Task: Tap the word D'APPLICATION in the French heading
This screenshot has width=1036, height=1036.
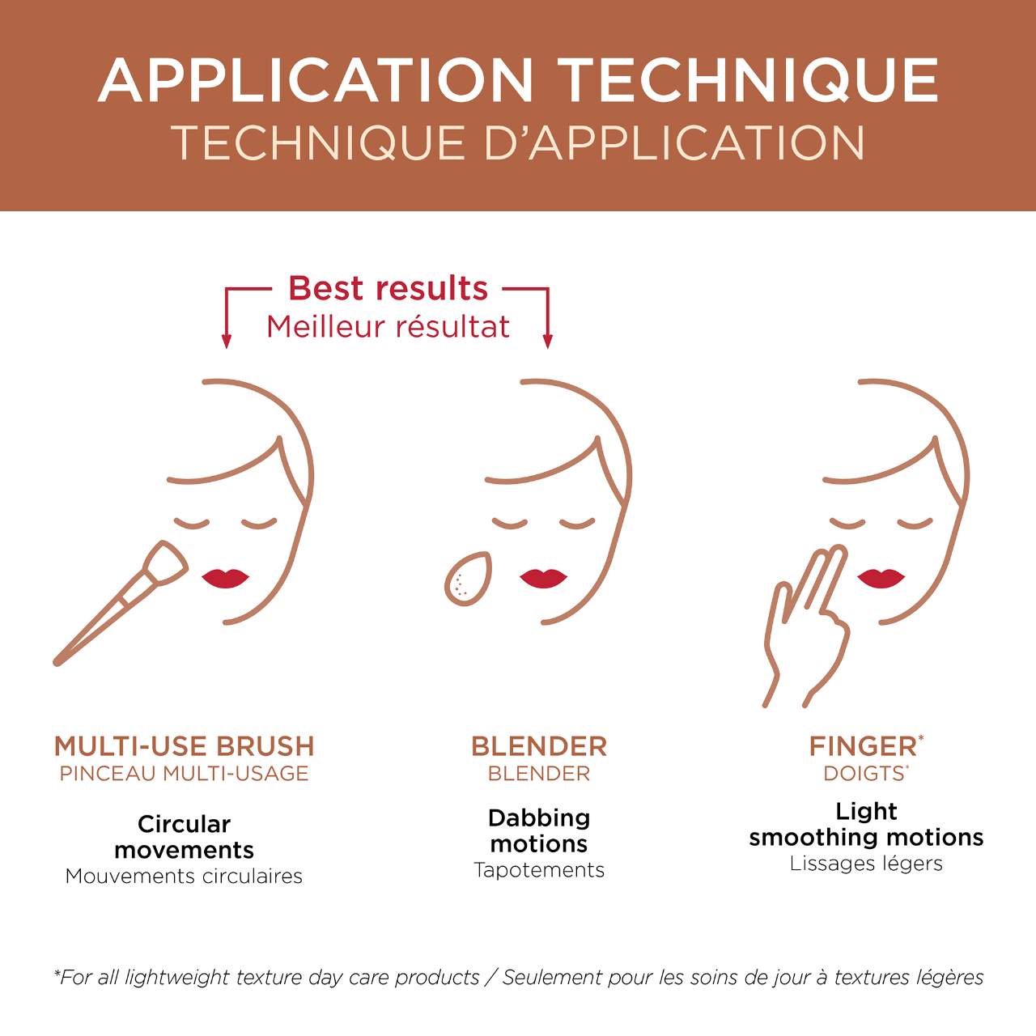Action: (675, 142)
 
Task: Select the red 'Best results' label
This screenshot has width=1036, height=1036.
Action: (388, 288)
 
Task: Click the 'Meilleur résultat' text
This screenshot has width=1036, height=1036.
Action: (388, 327)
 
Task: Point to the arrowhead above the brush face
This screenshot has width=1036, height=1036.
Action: (227, 341)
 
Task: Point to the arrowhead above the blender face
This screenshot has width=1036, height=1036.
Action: (548, 341)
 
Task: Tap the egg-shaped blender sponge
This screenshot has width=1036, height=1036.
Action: (468, 579)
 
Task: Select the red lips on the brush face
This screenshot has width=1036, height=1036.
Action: (225, 578)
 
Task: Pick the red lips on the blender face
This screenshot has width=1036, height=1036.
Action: (543, 578)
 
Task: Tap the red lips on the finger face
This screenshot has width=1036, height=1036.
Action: (881, 578)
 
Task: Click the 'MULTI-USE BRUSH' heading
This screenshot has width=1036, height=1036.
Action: (184, 746)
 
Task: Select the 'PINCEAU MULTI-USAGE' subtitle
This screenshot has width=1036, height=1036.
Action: (184, 773)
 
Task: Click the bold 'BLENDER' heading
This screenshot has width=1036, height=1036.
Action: (539, 746)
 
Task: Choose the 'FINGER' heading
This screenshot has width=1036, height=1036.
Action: (863, 746)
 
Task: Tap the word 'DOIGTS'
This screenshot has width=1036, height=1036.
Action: (864, 773)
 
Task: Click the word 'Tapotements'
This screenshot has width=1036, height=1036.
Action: (539, 870)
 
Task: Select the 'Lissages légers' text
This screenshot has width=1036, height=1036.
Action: (866, 864)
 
